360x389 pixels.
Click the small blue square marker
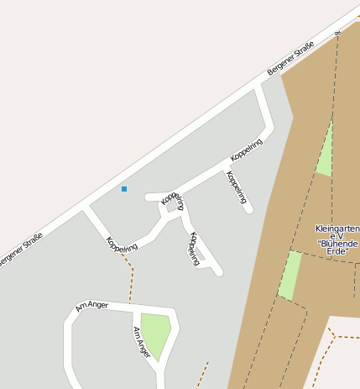click(124, 189)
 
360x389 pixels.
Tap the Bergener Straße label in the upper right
click(290, 59)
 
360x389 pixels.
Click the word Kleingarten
click(337, 229)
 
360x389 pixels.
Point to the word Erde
click(338, 252)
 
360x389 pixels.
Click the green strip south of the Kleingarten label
click(290, 276)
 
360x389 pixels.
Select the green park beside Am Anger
click(155, 332)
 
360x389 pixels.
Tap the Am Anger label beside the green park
click(142, 342)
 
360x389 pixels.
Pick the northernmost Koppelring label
click(247, 153)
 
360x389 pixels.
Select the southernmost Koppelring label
click(194, 249)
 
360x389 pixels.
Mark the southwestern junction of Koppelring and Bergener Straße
click(86, 209)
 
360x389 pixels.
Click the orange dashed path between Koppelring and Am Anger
click(130, 277)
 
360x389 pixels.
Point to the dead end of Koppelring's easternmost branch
click(249, 210)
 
